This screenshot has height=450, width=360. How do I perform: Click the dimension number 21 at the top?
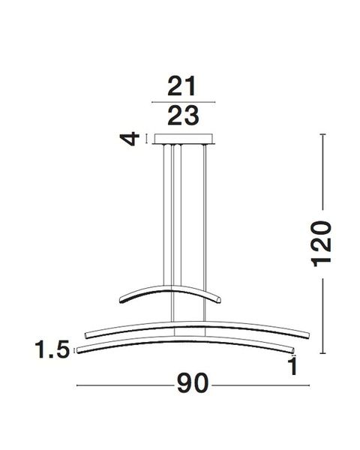tap(183, 87)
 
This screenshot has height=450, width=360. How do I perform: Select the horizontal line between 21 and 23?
tap(183, 101)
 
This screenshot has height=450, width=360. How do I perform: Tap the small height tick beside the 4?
tap(147, 139)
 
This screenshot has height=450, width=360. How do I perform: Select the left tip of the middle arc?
tap(88, 331)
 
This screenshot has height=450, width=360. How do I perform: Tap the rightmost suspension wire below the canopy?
tap(205, 217)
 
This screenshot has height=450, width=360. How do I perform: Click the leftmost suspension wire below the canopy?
tap(161, 217)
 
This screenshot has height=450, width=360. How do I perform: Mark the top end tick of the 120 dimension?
tap(322, 135)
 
